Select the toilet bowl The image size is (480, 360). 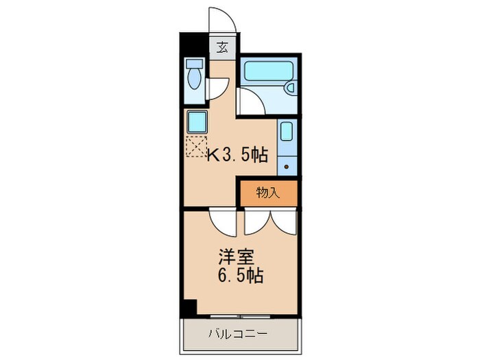(194, 77)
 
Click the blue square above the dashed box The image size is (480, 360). (196, 122)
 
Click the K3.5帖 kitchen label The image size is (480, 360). (237, 156)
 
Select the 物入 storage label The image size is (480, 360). (268, 193)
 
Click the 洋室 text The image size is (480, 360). (236, 258)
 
